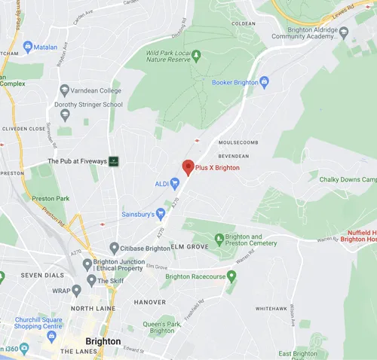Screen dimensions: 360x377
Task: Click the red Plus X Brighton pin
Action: (188, 168)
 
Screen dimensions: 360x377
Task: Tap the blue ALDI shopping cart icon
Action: (175, 183)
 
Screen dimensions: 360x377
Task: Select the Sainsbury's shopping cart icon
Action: (160, 214)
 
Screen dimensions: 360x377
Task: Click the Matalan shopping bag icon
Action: (28, 47)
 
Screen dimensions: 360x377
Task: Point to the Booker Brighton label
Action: (234, 82)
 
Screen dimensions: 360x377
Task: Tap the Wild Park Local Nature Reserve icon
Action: (196, 55)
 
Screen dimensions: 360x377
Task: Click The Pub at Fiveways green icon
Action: (114, 161)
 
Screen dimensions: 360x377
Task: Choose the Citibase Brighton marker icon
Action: (114, 248)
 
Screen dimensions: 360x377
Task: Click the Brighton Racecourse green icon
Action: (231, 276)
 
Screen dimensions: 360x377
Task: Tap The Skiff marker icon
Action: (91, 280)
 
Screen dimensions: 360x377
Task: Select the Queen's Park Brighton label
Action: (162, 327)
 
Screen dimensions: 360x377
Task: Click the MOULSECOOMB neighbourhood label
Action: (238, 142)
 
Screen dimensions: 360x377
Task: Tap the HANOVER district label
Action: (149, 302)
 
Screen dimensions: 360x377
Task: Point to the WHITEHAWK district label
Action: (271, 309)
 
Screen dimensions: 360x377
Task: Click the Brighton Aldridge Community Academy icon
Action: (344, 32)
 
